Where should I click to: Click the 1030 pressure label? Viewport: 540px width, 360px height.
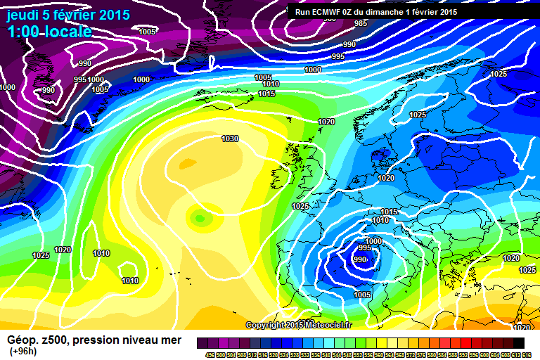tap(230, 139)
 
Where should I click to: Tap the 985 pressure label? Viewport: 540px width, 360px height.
tap(360, 23)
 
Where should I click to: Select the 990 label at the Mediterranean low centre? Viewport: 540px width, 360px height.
tap(360, 259)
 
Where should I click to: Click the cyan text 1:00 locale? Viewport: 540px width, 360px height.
tap(49, 32)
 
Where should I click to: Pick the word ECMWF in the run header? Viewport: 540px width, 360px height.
tap(328, 12)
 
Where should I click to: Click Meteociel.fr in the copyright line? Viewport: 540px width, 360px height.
tap(337, 325)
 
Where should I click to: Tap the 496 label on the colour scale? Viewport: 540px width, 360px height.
tap(210, 354)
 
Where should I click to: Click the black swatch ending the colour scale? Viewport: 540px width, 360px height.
tap(518, 342)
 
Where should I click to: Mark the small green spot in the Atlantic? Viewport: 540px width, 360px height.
tap(201, 219)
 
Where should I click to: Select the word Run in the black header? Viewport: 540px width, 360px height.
tap(302, 12)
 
